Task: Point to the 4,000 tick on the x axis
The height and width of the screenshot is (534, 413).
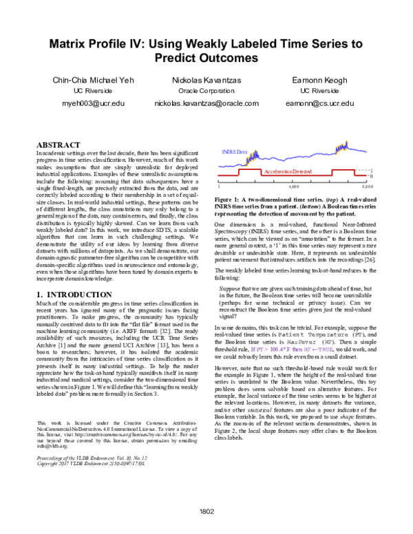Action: (294, 186)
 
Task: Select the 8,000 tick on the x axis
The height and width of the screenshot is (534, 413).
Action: (367, 186)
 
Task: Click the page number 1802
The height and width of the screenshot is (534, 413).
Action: (206, 512)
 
